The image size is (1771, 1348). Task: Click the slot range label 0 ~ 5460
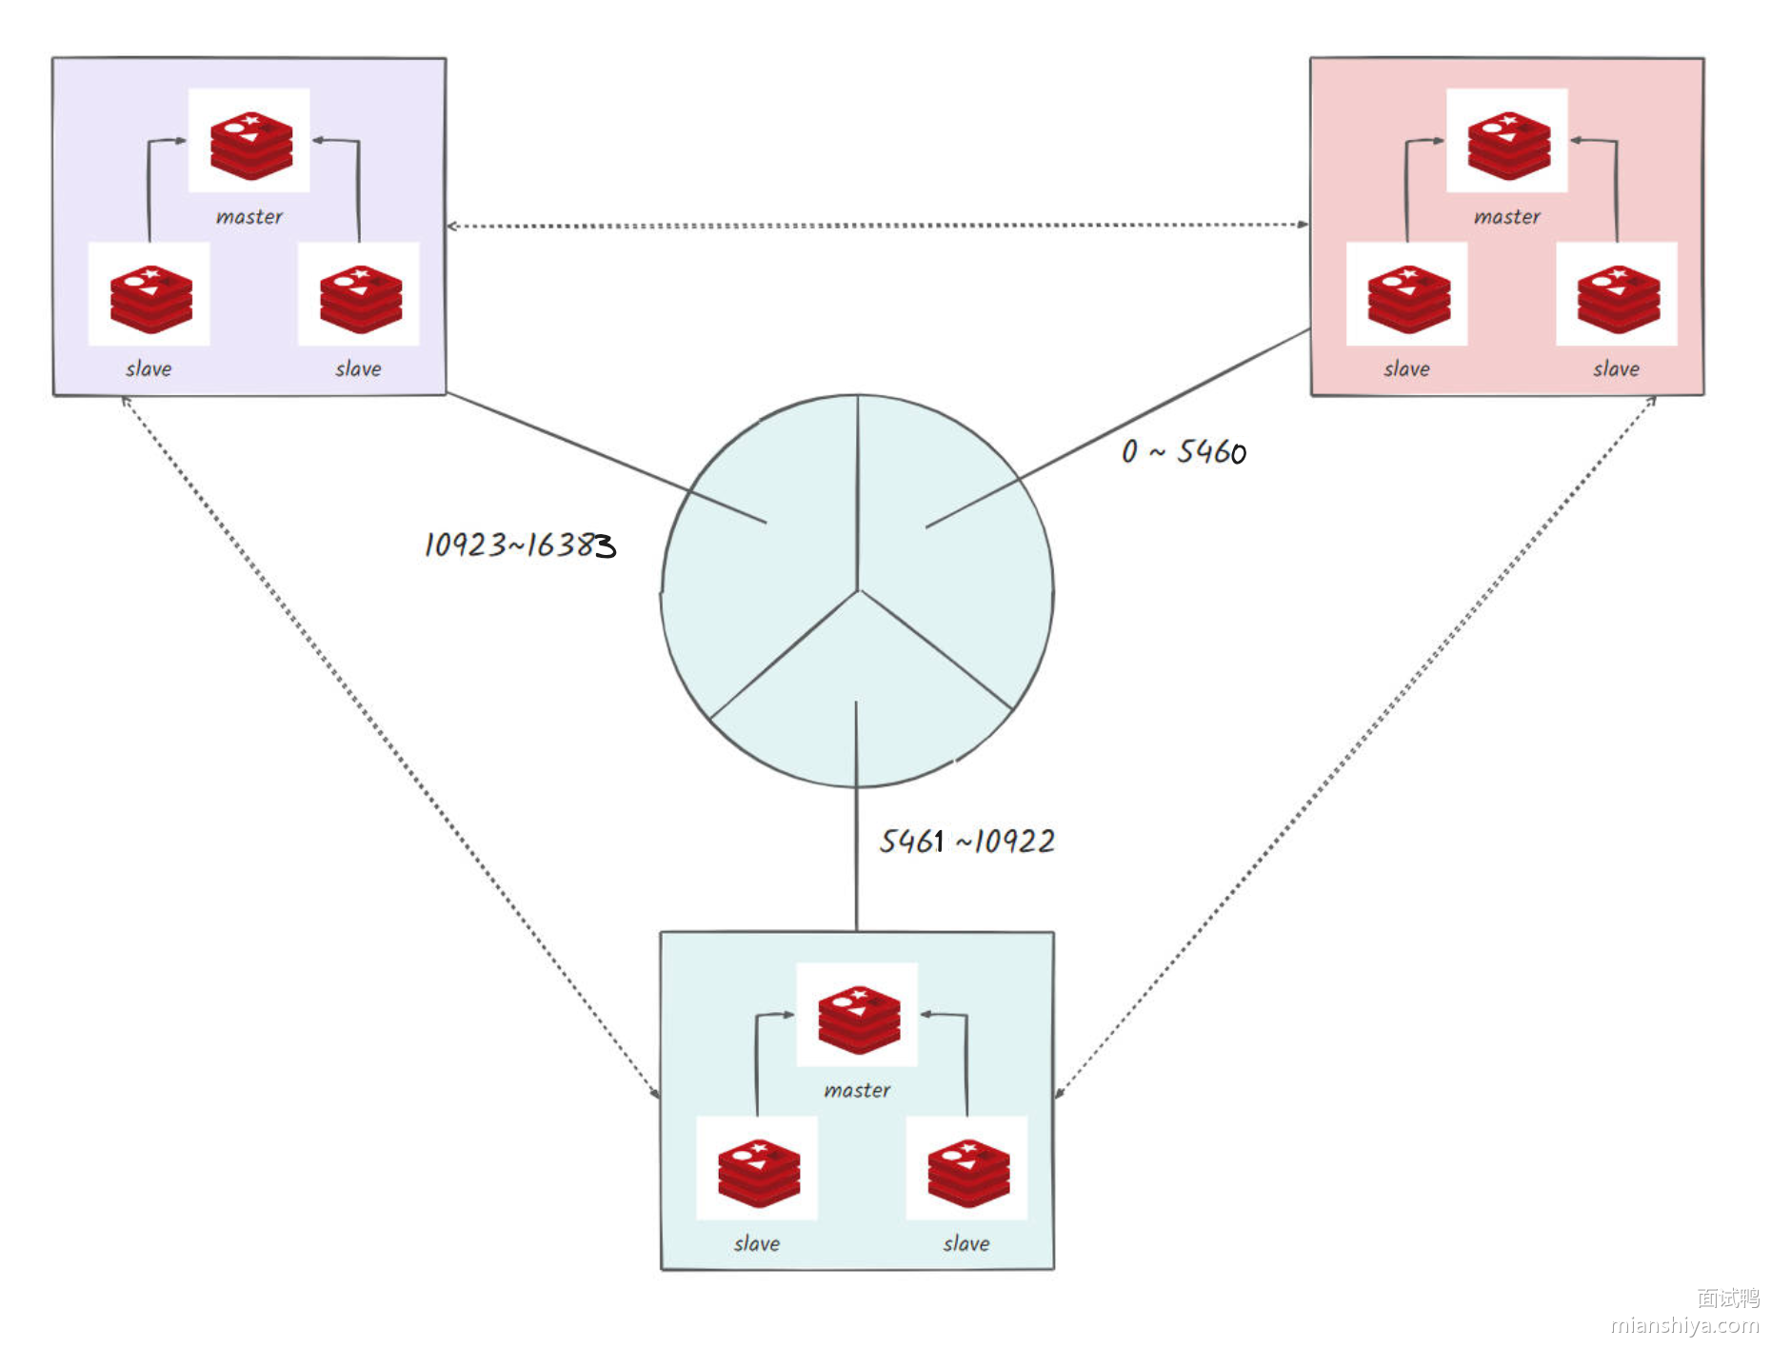point(1184,451)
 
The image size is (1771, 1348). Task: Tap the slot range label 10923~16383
point(519,545)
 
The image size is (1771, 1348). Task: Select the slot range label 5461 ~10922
point(966,841)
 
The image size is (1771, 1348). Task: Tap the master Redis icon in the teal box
point(858,1019)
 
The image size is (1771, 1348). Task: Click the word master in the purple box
point(249,217)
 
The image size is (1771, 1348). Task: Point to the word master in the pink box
point(1507,217)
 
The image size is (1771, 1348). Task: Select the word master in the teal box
point(857,1090)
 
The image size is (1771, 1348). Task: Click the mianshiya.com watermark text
point(1684,1325)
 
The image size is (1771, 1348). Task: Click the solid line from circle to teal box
point(856,857)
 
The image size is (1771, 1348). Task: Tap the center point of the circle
point(858,591)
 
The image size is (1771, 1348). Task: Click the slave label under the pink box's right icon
point(1617,369)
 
